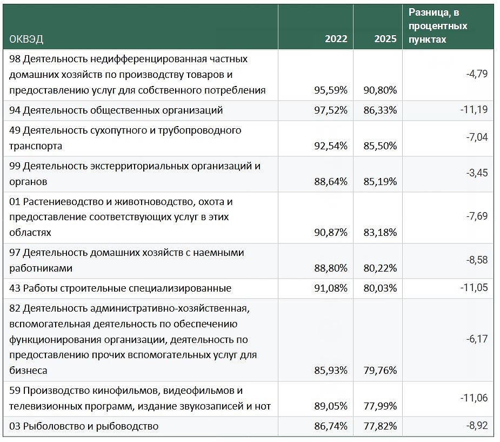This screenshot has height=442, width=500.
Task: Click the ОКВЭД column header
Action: (x=26, y=39)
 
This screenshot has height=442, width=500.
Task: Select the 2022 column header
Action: (x=336, y=39)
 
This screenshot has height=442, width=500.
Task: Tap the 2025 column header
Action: (x=385, y=39)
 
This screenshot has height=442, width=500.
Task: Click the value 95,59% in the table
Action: (x=331, y=90)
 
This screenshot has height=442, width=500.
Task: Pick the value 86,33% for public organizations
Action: (x=380, y=110)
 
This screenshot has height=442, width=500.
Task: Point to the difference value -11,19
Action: (x=474, y=110)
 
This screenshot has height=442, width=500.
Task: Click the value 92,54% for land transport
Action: (x=331, y=146)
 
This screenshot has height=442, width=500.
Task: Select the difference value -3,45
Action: (x=477, y=173)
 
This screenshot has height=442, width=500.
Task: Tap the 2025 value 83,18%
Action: (x=380, y=233)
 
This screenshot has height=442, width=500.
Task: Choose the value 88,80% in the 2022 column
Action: (x=331, y=268)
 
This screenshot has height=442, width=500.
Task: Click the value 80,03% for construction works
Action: (x=380, y=288)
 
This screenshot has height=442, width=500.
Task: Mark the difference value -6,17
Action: (x=477, y=339)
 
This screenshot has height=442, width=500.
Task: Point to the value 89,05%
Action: (x=331, y=406)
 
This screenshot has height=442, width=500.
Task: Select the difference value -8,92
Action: (x=477, y=426)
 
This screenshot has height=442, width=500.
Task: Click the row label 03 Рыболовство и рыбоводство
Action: (x=84, y=426)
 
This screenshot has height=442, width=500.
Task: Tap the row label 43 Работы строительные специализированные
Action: (x=120, y=288)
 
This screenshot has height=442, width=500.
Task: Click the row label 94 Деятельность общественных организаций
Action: (x=116, y=111)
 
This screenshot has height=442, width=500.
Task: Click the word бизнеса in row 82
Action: (x=28, y=371)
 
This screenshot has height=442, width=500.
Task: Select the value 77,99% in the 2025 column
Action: (x=380, y=406)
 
